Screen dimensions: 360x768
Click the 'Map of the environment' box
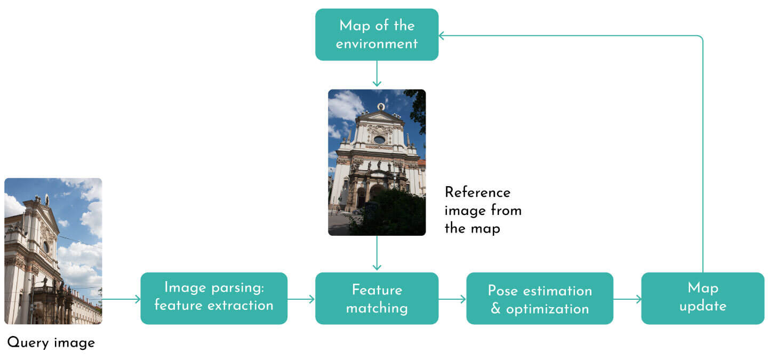[377, 34]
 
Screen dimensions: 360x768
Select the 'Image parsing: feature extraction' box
[214, 298]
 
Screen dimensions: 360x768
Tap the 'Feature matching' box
[377, 298]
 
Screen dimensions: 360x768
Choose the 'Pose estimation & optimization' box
[540, 298]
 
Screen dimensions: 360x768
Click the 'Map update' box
[702, 298]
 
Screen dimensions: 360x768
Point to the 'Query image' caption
[51, 342]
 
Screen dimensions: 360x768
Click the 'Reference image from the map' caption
[483, 210]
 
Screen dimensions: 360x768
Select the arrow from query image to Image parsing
[121, 299]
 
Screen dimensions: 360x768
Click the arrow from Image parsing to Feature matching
[301, 299]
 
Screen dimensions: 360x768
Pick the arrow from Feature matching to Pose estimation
[452, 299]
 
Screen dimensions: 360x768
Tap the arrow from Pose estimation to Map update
[627, 299]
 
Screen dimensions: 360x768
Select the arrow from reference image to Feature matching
[377, 253]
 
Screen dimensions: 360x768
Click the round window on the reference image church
[379, 140]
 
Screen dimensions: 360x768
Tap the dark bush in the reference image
[389, 213]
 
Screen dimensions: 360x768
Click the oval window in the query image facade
[46, 247]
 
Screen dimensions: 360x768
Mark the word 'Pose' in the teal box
[503, 291]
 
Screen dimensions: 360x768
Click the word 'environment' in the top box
[377, 44]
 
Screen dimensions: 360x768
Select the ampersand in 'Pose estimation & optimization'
[495, 309]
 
